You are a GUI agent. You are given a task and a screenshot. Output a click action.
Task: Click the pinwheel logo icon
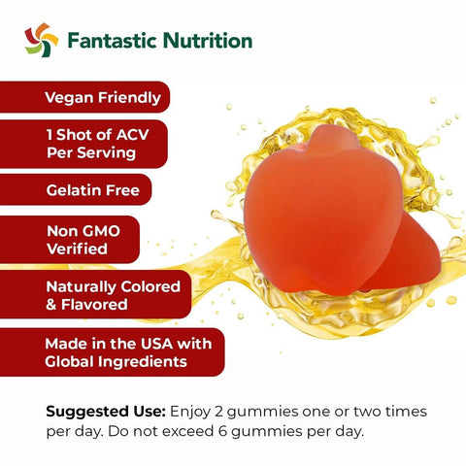click(x=42, y=40)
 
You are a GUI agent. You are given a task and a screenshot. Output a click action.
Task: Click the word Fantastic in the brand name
click(x=112, y=41)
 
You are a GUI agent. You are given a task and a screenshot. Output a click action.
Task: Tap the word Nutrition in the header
click(x=208, y=41)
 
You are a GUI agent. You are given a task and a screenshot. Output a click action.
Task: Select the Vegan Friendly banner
click(x=84, y=97)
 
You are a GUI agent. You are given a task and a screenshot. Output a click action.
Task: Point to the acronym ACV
click(x=133, y=135)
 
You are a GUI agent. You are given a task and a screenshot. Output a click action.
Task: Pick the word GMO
click(x=101, y=231)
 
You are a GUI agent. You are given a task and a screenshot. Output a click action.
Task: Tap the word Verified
click(x=77, y=249)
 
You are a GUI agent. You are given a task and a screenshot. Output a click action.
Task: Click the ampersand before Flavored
click(x=51, y=305)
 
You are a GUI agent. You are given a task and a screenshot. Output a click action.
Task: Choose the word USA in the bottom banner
click(x=157, y=344)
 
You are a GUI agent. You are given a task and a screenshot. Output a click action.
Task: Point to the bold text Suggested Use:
click(x=106, y=413)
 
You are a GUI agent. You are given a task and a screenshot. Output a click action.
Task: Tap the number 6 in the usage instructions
click(x=222, y=431)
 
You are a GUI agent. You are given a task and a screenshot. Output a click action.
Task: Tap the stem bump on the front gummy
click(x=333, y=139)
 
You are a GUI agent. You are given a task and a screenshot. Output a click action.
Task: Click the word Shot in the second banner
click(x=84, y=135)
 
